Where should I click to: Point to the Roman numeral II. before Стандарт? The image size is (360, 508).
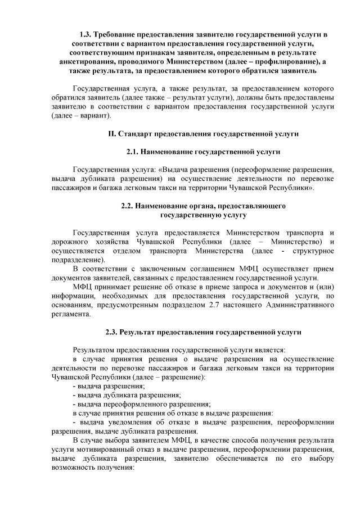(111, 134)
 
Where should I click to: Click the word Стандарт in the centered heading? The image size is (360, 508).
(138, 134)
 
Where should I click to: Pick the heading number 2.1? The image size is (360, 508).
(132, 152)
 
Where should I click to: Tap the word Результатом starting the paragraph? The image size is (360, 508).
(94, 350)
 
